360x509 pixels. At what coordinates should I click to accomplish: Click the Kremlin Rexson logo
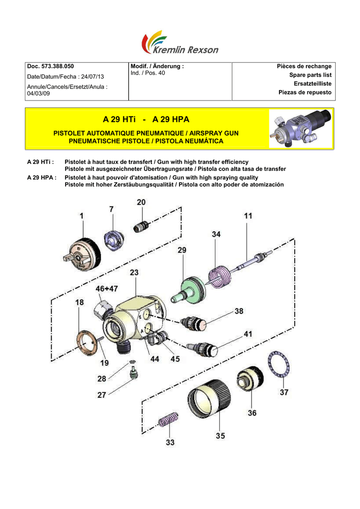click(x=180, y=43)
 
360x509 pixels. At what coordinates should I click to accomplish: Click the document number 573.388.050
click(x=57, y=67)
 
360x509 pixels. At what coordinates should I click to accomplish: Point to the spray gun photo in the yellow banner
click(x=300, y=129)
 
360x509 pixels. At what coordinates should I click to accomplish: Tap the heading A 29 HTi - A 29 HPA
click(x=146, y=120)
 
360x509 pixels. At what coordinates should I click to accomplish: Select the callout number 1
click(x=81, y=216)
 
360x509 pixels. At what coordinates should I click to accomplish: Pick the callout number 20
click(x=141, y=202)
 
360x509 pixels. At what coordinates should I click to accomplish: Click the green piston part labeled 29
click(x=189, y=291)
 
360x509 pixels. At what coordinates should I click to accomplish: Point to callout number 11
click(x=248, y=216)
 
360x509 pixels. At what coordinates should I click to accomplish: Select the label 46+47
click(x=107, y=288)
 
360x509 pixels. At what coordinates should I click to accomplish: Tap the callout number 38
click(x=239, y=311)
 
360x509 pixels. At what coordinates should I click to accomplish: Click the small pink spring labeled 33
click(x=168, y=421)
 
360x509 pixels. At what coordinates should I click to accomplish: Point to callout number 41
click(x=247, y=334)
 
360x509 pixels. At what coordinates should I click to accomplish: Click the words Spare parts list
click(x=310, y=75)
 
